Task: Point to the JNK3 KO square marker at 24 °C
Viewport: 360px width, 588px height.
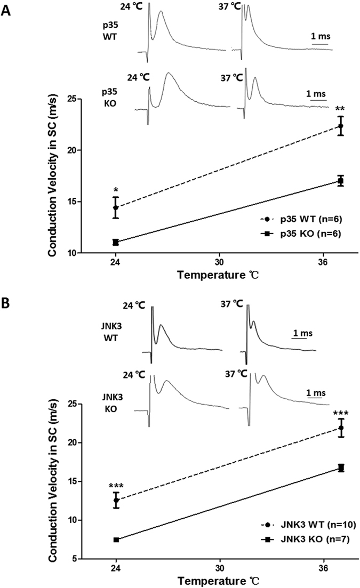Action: click(x=116, y=539)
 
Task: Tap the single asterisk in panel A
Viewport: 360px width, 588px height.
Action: click(x=116, y=190)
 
